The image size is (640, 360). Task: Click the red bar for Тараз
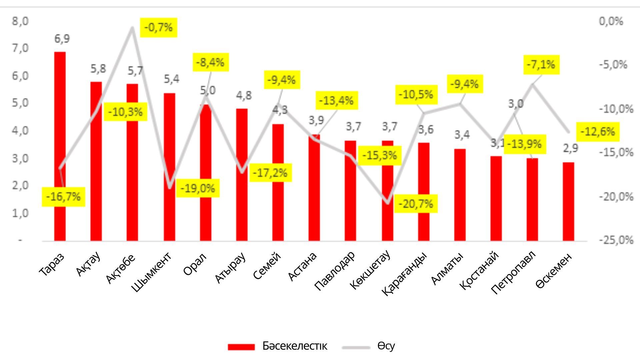tap(60, 147)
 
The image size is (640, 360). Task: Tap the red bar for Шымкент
tap(169, 167)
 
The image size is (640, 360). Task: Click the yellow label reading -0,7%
tap(158, 27)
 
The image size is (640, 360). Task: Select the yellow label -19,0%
tap(198, 188)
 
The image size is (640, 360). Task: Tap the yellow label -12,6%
tap(598, 132)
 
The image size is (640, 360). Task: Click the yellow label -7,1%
tap(541, 64)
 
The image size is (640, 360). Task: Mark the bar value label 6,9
tap(62, 39)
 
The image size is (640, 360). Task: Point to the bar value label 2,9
tap(570, 148)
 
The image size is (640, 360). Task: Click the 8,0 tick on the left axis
tap(20, 21)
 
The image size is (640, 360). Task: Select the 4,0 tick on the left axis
tap(20, 131)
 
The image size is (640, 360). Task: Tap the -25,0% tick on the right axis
tap(616, 240)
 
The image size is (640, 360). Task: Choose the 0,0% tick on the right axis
tap(611, 21)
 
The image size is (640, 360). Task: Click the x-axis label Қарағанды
tap(404, 273)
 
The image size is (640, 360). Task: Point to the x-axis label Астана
tap(302, 266)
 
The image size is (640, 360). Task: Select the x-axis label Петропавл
tap(513, 272)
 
